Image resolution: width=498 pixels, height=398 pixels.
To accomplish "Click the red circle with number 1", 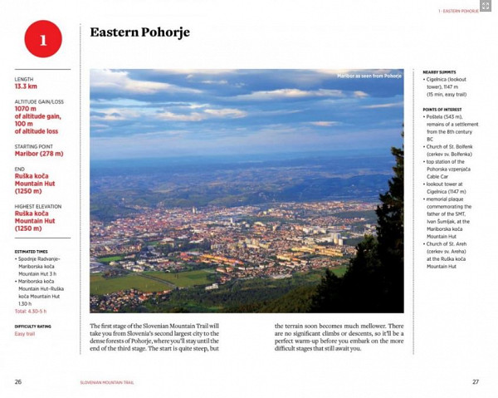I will (x=43, y=39).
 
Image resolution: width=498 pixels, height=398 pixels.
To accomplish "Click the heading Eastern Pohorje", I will (x=139, y=32).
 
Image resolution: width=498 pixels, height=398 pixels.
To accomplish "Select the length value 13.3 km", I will (x=26, y=86).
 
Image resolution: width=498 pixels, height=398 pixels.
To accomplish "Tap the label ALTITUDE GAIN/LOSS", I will (x=38, y=101).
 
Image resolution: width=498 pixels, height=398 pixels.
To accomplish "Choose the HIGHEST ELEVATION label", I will (x=37, y=206).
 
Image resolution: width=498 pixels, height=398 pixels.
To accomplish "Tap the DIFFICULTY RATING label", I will (x=33, y=327).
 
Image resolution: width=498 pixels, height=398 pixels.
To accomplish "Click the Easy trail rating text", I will (x=25, y=334).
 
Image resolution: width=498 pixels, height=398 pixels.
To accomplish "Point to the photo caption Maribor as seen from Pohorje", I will (x=369, y=76).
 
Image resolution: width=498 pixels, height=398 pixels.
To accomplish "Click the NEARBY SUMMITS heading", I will (x=439, y=72).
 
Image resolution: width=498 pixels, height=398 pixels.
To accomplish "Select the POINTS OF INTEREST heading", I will (x=442, y=110).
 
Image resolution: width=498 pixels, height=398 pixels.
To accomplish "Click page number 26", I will (x=18, y=381).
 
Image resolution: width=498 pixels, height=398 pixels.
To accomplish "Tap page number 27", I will (x=476, y=381).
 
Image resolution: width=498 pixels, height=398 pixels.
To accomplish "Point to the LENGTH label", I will (x=23, y=79).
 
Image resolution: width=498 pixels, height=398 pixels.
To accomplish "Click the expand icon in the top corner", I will (x=486, y=6).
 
